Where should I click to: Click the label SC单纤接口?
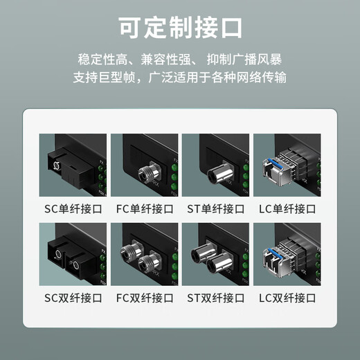pos(73,208)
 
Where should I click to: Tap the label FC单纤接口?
pos(145,208)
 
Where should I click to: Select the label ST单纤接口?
pos(216,208)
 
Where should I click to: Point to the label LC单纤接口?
pos(287,208)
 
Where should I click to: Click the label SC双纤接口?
pos(73,298)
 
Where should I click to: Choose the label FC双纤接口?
pos(145,298)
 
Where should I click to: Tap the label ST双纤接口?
pos(216,298)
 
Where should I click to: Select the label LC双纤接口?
pos(287,298)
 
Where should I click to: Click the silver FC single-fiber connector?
pos(146,171)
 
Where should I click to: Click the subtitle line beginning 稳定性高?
pos(180,60)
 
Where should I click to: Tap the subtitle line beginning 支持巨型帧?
pos(180,78)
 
